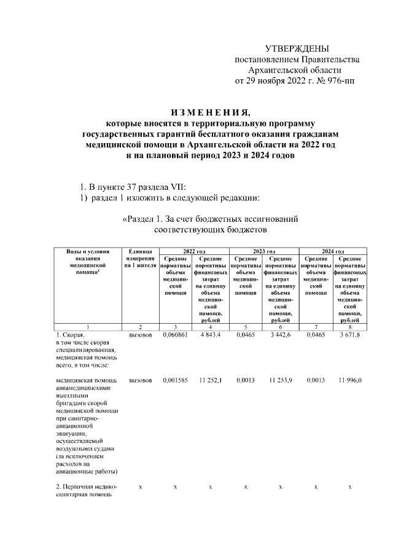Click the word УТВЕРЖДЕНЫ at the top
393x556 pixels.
297,49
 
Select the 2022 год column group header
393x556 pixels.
193,251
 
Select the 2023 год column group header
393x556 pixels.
263,251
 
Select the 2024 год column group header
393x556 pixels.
333,251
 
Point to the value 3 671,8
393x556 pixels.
350,335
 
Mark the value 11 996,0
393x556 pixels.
350,381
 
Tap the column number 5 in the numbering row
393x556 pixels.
245,326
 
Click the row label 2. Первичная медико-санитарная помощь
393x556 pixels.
86,491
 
